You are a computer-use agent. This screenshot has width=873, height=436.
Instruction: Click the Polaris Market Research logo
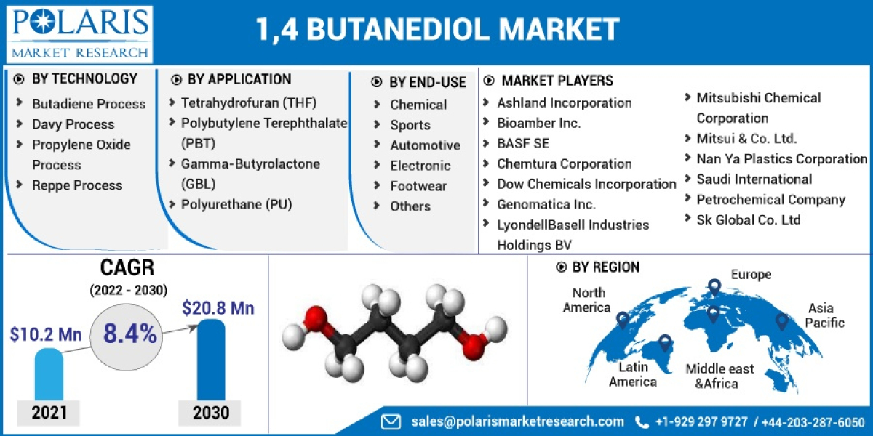(80, 33)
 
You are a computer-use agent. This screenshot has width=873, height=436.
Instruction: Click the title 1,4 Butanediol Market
(437, 29)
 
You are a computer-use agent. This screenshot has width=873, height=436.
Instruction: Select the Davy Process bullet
(73, 124)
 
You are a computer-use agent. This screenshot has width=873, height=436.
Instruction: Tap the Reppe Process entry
(77, 185)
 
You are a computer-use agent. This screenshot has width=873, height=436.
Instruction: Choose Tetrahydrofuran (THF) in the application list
(249, 102)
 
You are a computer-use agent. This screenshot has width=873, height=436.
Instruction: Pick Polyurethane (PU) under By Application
(236, 204)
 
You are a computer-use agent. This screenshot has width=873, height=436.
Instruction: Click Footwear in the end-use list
(418, 186)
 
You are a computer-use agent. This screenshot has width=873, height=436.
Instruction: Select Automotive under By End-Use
(425, 145)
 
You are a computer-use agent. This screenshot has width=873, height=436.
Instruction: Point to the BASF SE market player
(523, 143)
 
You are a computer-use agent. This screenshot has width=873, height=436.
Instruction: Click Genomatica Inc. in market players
(546, 204)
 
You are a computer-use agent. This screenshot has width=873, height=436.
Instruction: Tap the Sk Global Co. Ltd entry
(749, 219)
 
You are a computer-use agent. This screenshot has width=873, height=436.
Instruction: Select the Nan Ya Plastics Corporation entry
(782, 158)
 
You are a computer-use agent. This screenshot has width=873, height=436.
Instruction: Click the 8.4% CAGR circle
(129, 334)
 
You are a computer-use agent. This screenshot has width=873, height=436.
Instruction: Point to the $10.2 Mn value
(46, 334)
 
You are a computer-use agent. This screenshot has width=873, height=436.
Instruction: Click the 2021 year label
(49, 413)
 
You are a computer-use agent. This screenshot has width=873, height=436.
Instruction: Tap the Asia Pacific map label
(825, 315)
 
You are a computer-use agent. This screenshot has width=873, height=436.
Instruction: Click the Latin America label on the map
(632, 374)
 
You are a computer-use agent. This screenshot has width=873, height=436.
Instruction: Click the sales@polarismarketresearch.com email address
(517, 421)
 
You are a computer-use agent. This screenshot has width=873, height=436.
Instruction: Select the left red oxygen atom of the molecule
(314, 318)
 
